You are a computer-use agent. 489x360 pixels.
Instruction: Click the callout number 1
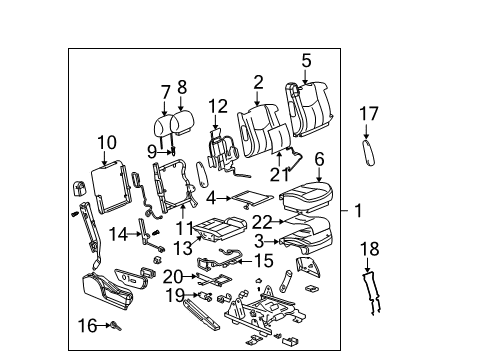359,212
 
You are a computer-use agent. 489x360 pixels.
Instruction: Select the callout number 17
369,114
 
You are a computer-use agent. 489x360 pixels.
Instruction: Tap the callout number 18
368,248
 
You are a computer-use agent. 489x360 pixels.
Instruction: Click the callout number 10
107,142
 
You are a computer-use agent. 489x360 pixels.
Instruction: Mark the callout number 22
262,221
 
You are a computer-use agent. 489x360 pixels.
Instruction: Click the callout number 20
173,275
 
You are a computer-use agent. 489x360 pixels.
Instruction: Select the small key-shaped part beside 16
113,325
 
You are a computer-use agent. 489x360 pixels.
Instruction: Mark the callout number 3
259,240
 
